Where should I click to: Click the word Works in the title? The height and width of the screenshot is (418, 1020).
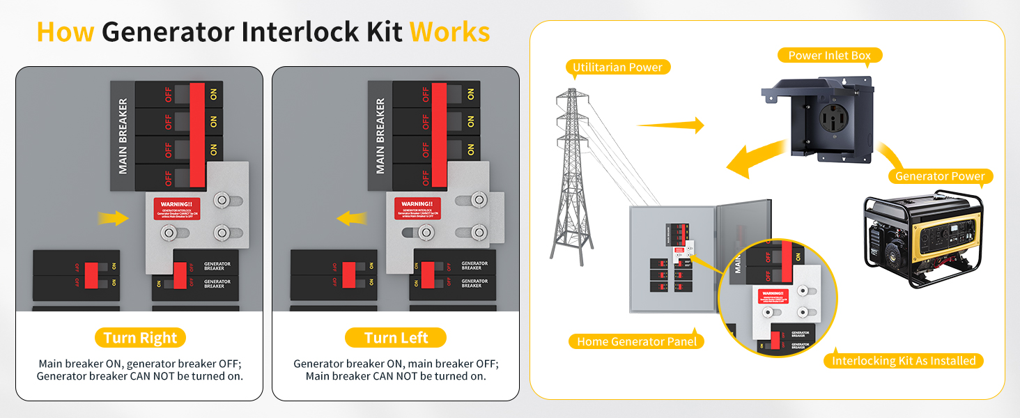pyautogui.click(x=449, y=32)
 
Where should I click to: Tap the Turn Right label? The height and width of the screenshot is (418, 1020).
pyautogui.click(x=140, y=338)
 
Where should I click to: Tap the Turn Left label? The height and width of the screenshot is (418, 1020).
pyautogui.click(x=396, y=338)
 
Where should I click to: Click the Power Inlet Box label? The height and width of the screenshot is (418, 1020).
pyautogui.click(x=829, y=55)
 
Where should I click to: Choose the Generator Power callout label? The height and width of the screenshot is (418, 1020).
pyautogui.click(x=940, y=176)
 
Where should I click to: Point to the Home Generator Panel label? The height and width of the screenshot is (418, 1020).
pyautogui.click(x=637, y=341)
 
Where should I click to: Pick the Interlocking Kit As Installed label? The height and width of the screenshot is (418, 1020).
pyautogui.click(x=904, y=361)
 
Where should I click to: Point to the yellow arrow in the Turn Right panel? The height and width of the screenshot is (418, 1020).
pyautogui.click(x=113, y=219)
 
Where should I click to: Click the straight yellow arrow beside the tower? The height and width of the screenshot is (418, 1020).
pyautogui.click(x=670, y=125)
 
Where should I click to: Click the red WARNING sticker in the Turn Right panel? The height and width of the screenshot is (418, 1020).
pyautogui.click(x=177, y=208)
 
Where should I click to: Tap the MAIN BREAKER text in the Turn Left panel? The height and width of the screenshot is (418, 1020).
pyautogui.click(x=380, y=136)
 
